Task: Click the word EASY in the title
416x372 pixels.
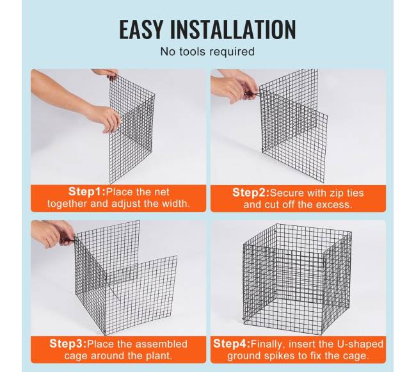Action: [x=141, y=29]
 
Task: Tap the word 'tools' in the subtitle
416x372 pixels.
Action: [x=191, y=51]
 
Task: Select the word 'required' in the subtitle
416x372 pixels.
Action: [x=231, y=52]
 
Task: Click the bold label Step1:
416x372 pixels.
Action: [x=87, y=191]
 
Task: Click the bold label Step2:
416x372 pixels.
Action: [x=251, y=193]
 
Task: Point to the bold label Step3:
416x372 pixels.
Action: [x=68, y=344]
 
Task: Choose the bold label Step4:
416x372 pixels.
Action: [x=232, y=344]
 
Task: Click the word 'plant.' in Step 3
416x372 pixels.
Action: [x=159, y=355]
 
